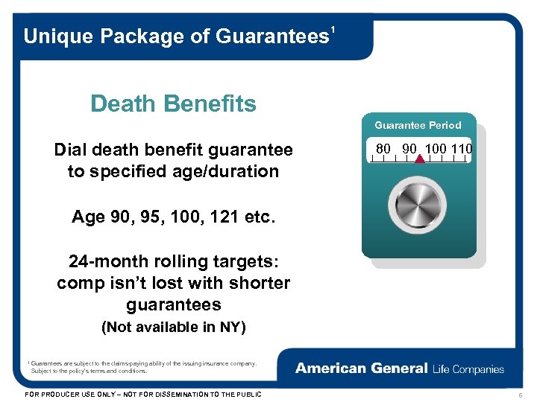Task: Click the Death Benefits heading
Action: pos(173,104)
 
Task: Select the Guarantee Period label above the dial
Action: pos(418,125)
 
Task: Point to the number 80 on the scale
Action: pos(384,148)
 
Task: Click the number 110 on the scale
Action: pos(461,148)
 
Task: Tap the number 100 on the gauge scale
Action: pos(435,148)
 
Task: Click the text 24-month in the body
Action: pos(106,262)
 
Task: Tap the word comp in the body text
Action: pos(78,284)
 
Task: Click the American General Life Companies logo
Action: pos(400,368)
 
